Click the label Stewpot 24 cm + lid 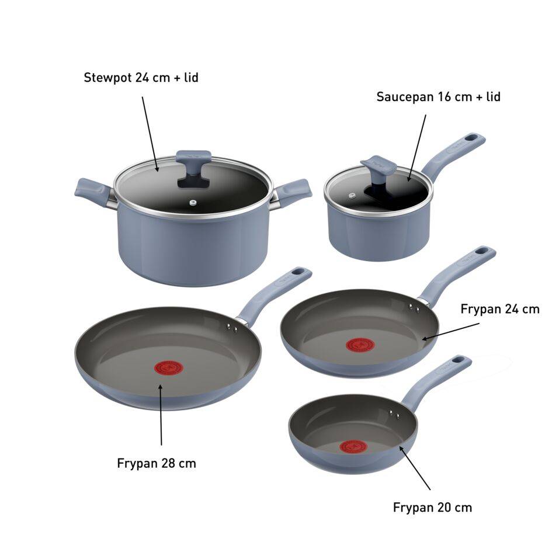pyautogui.click(x=141, y=77)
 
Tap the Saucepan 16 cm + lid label pyautogui.click(x=438, y=96)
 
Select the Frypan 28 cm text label pyautogui.click(x=157, y=463)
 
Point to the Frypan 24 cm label pyautogui.click(x=499, y=308)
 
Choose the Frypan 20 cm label pyautogui.click(x=432, y=507)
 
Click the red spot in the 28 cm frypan pyautogui.click(x=168, y=368)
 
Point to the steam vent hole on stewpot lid pyautogui.click(x=193, y=203)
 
